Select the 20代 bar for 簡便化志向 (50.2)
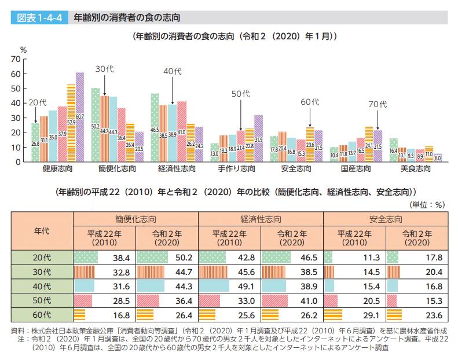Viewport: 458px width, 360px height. point(96,125)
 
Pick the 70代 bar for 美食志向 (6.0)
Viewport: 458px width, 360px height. point(438,157)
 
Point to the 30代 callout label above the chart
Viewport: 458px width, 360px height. point(104,69)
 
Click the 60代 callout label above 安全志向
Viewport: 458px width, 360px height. point(310,102)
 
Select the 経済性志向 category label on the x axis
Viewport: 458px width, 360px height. point(177,169)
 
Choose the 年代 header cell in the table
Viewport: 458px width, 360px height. point(42,230)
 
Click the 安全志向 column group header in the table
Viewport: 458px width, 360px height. point(385,219)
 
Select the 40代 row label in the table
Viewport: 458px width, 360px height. point(42,285)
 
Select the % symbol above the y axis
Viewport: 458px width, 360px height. point(24,50)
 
